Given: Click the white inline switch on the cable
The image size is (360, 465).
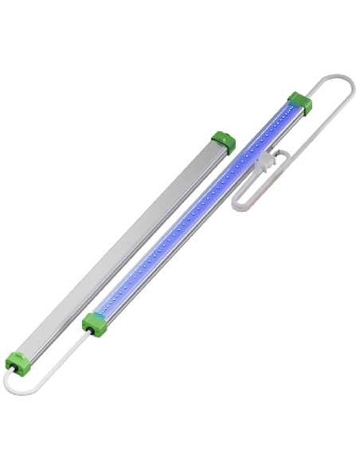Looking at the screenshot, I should point(264,162).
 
